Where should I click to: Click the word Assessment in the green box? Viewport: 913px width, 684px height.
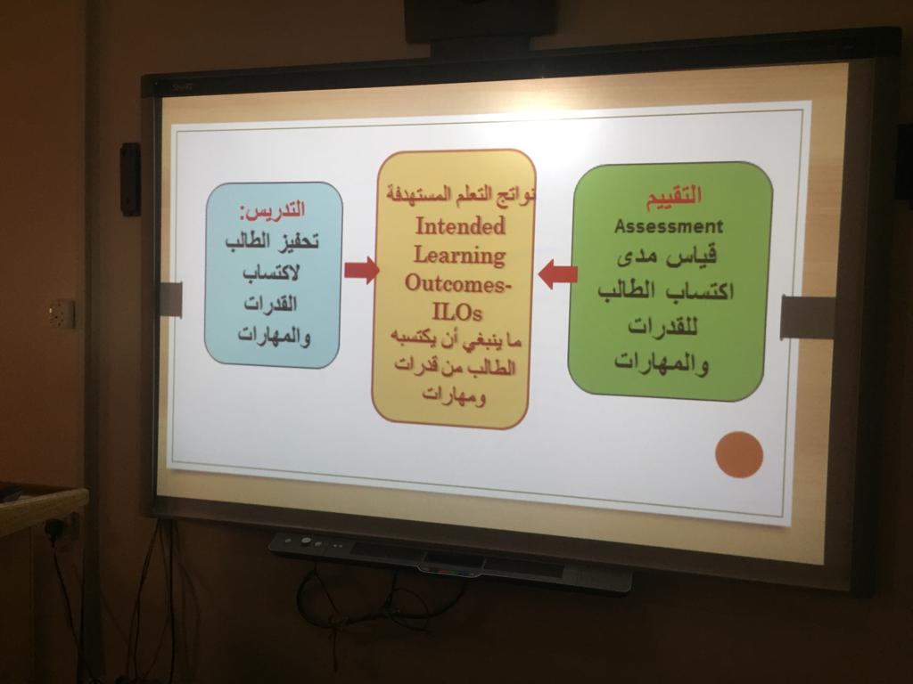[x=669, y=225]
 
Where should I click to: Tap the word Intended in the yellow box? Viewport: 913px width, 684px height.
[x=460, y=225]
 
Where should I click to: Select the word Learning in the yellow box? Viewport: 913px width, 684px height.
[x=459, y=256]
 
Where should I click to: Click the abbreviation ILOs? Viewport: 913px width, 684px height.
[x=457, y=313]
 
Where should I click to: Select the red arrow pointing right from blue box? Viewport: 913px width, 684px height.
[x=362, y=271]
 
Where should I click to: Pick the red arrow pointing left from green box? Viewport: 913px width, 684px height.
[x=557, y=274]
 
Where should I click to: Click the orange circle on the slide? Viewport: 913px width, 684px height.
[x=739, y=455]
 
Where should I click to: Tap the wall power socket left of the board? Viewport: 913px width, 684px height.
[x=62, y=314]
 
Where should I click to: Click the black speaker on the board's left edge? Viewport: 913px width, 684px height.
[x=130, y=179]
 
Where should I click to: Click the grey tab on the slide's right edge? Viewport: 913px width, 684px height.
[x=808, y=317]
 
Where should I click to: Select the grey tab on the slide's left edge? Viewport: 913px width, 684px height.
[x=170, y=299]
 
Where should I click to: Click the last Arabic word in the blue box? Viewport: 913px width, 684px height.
[x=274, y=336]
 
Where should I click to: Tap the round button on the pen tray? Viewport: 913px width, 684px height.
[x=306, y=541]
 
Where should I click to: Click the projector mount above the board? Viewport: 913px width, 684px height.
[x=479, y=22]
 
